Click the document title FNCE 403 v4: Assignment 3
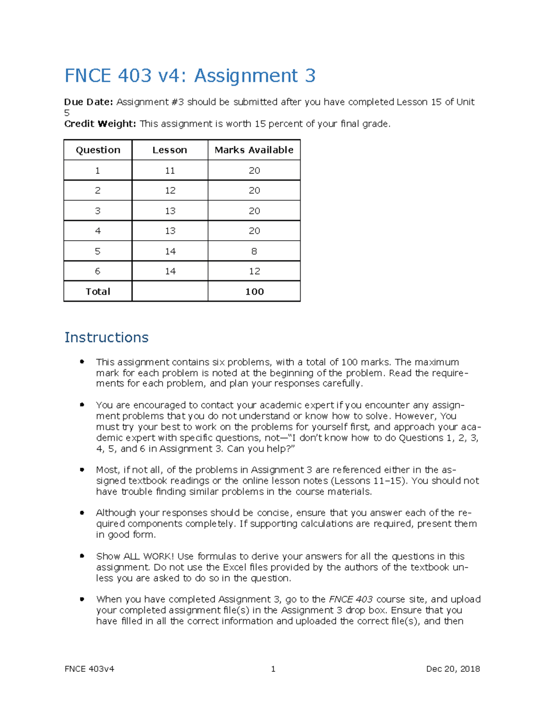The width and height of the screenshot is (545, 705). click(x=190, y=75)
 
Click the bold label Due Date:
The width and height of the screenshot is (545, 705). click(x=88, y=102)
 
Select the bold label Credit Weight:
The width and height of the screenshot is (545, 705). click(x=100, y=124)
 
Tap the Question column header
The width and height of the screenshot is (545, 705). click(x=98, y=150)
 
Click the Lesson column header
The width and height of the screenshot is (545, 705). click(x=169, y=150)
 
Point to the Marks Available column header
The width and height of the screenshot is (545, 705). click(x=254, y=150)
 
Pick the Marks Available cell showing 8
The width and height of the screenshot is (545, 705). click(x=254, y=251)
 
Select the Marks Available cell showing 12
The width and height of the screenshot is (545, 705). click(x=254, y=271)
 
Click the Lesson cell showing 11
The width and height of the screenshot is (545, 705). click(x=170, y=171)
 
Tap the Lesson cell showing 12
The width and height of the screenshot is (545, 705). click(x=170, y=191)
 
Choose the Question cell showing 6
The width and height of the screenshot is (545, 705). click(x=98, y=271)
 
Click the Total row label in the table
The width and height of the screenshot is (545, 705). click(x=98, y=291)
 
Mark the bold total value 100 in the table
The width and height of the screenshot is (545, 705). click(x=254, y=291)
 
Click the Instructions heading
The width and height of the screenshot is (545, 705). click(x=106, y=337)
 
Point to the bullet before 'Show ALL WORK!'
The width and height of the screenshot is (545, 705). click(x=82, y=556)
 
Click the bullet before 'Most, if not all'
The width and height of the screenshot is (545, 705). click(x=82, y=469)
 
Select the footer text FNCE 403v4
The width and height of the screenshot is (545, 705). click(x=89, y=669)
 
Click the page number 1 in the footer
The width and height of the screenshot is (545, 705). click(x=273, y=669)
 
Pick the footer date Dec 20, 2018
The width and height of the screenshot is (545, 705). click(x=453, y=669)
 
